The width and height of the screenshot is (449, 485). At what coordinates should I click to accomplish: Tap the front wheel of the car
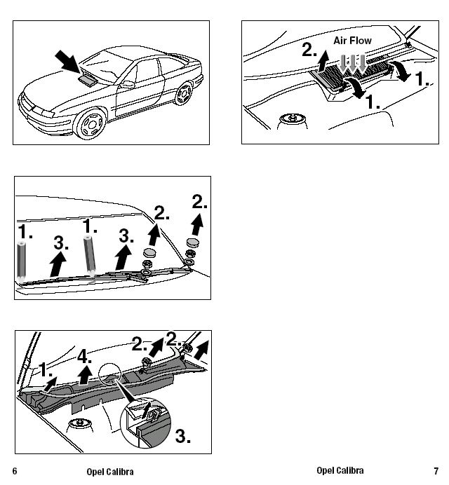(91, 124)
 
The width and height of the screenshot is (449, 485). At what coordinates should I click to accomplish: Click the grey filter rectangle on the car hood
(87, 80)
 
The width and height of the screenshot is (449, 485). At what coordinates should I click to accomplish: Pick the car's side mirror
(127, 84)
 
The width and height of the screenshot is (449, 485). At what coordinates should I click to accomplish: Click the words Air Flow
(352, 41)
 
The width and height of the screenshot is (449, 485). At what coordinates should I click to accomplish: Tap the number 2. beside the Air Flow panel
(309, 50)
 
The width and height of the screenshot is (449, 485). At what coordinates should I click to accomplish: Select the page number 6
(15, 471)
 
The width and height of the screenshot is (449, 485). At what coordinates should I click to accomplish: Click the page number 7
(436, 471)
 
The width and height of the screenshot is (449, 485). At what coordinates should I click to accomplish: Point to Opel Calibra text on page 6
(110, 472)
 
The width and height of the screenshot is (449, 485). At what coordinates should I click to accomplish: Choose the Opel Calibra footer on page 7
(340, 470)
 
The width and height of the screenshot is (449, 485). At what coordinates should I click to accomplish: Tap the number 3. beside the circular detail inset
(182, 436)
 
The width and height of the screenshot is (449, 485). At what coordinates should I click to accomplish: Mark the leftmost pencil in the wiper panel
(21, 262)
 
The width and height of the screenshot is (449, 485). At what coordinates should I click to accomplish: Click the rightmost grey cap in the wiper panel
(193, 242)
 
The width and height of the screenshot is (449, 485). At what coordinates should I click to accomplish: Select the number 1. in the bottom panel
(45, 369)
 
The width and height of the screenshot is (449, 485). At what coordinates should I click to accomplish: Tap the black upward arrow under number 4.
(85, 375)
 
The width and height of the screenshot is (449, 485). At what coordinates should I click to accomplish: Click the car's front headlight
(43, 113)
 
